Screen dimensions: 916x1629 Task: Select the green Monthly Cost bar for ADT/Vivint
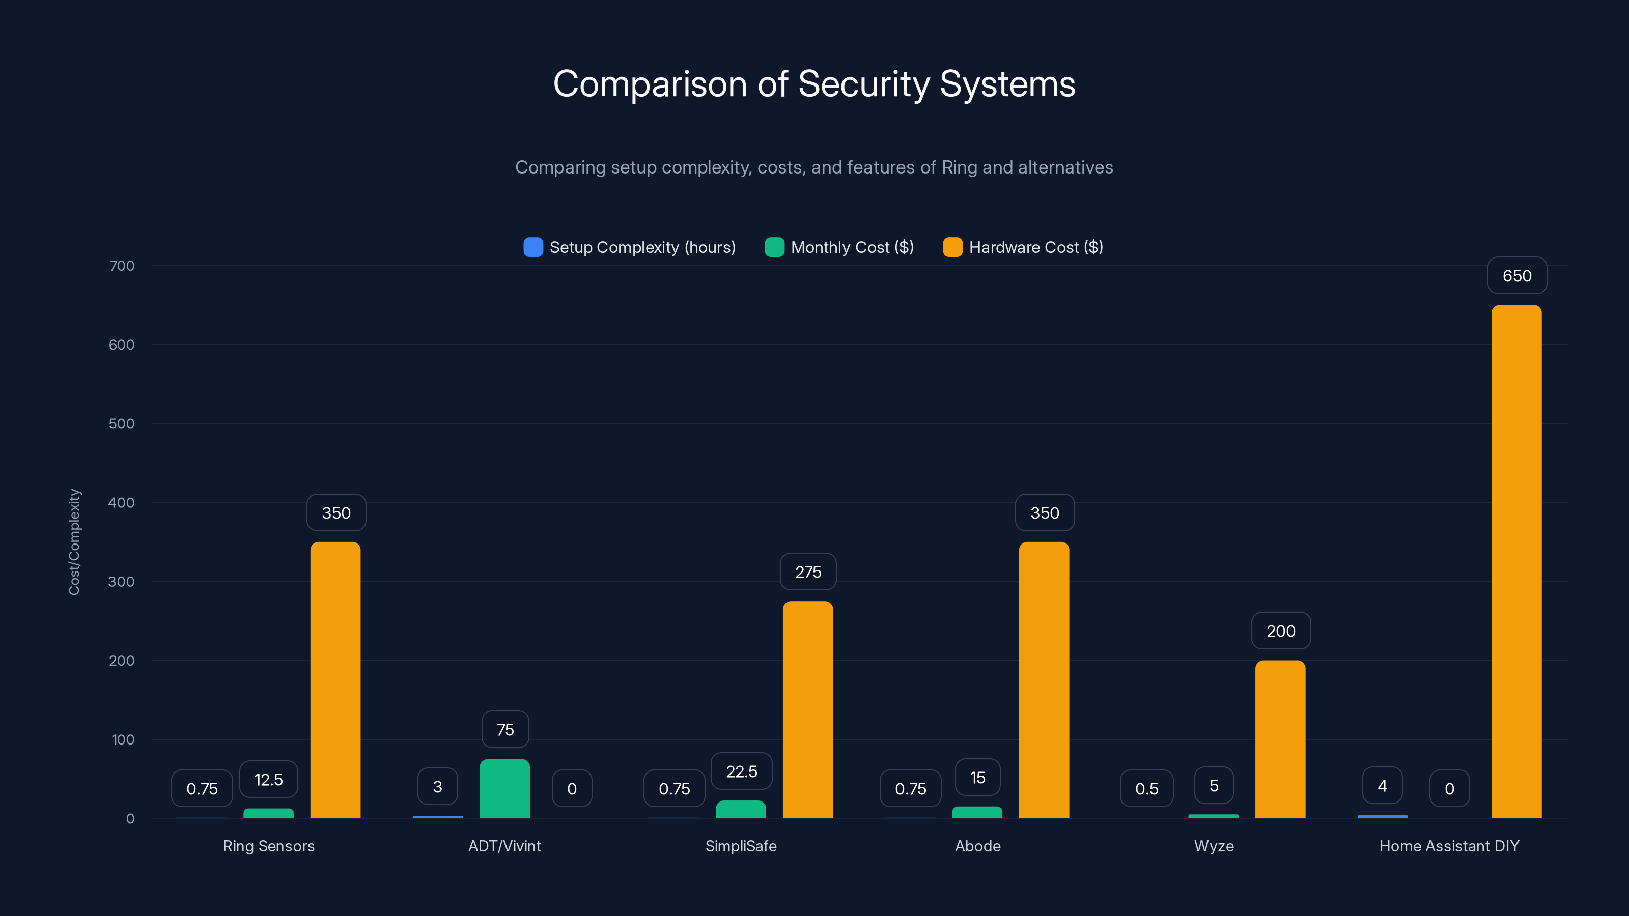pos(504,788)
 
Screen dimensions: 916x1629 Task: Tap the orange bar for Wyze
pos(1280,739)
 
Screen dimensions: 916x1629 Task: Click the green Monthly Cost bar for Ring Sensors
pos(268,813)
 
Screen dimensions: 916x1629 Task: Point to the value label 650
pos(1517,276)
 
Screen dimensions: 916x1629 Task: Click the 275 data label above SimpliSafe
pos(808,572)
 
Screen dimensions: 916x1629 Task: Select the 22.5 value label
pos(741,771)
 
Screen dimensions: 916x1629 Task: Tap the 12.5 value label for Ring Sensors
pos(268,780)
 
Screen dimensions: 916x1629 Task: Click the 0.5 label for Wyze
pos(1146,788)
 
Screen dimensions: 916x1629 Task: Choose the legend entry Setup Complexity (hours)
pos(629,247)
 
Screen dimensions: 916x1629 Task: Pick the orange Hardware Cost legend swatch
pos(952,247)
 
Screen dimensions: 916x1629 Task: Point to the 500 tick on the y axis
pos(122,423)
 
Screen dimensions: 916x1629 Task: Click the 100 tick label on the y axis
pos(123,739)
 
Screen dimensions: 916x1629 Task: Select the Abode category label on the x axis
pos(977,846)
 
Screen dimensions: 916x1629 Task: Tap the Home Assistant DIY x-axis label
pos(1449,846)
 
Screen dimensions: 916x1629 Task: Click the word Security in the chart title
pos(863,84)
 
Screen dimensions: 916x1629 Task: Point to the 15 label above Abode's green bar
pos(977,778)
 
